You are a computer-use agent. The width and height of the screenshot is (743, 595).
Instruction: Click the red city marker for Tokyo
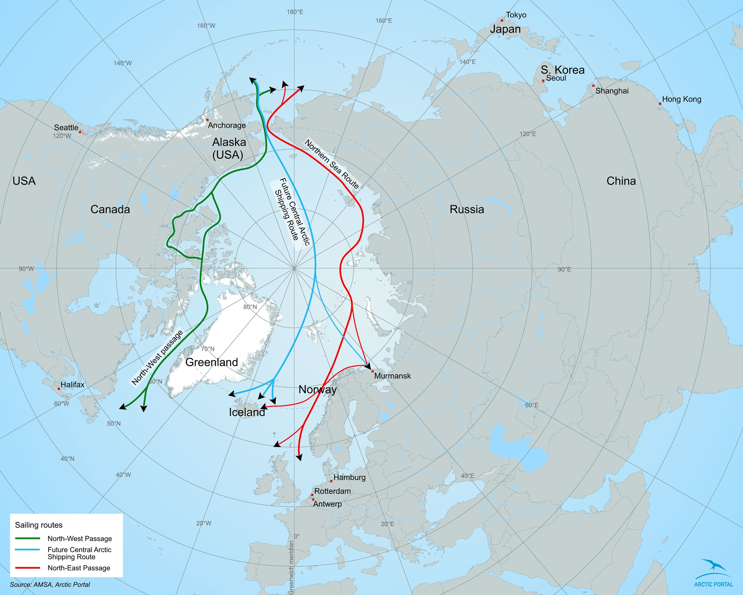click(502, 20)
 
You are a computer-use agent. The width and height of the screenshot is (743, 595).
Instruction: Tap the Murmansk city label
click(392, 376)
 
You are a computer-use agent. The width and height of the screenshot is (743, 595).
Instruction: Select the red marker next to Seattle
click(80, 132)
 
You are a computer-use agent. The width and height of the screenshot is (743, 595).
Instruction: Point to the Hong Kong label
click(682, 99)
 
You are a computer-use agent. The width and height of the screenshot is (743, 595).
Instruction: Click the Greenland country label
click(211, 362)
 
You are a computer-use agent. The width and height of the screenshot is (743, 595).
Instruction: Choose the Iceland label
click(247, 412)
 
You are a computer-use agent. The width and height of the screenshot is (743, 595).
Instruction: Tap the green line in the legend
click(27, 538)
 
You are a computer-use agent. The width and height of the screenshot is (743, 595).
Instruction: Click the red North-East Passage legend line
click(27, 568)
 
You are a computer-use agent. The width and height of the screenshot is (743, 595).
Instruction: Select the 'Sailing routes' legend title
click(39, 525)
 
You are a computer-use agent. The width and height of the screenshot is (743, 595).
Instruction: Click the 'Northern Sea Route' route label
click(332, 164)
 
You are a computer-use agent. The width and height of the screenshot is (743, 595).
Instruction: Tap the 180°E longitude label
click(295, 12)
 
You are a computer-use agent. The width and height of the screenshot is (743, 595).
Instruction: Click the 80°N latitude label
click(250, 307)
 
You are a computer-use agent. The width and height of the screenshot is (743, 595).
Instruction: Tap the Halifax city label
click(72, 385)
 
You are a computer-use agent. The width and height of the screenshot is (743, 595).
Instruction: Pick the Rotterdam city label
click(332, 491)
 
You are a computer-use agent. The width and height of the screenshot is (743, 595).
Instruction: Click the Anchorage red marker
click(207, 120)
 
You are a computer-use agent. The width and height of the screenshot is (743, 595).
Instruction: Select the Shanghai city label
click(612, 91)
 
